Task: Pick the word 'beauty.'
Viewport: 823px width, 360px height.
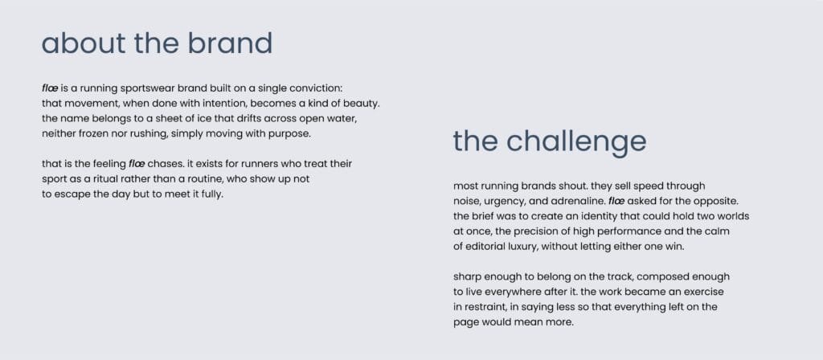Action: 362,104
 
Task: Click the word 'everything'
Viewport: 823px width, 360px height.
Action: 641,307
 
